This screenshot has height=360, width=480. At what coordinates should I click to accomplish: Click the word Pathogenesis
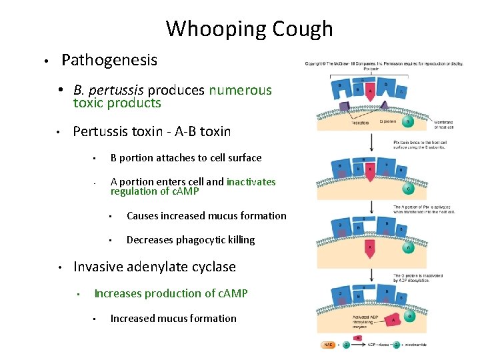pos(109,60)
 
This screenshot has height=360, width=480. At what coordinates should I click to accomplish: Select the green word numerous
pos(241,90)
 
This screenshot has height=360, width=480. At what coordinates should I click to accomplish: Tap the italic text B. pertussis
pos(109,90)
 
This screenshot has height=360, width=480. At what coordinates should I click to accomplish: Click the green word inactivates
pos(251,181)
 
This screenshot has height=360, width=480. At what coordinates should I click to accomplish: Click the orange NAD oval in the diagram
pos(329,345)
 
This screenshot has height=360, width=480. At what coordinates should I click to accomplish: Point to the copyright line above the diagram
pos(384,63)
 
